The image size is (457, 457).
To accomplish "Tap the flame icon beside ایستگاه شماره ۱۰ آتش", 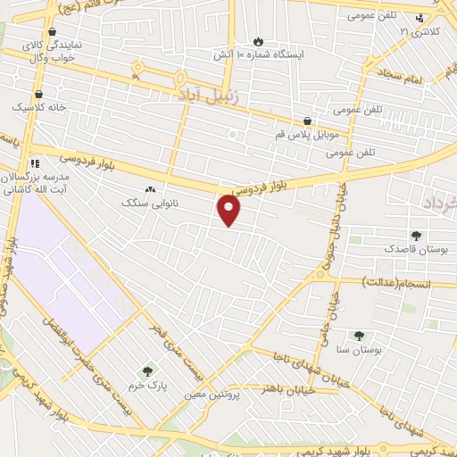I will [x=259, y=41].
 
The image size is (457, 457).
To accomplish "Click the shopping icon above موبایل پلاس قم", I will [x=308, y=121].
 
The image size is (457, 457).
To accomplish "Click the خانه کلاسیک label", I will [x=34, y=107].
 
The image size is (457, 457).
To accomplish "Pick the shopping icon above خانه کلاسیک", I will [x=38, y=93].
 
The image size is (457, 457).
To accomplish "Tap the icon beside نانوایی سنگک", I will [x=150, y=189].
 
